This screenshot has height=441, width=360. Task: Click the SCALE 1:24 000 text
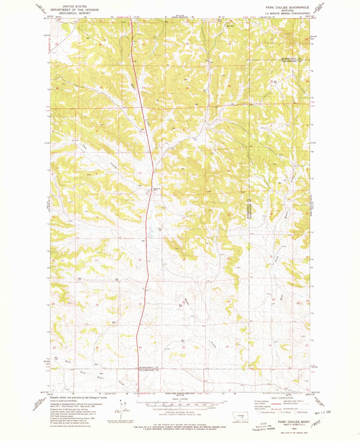coord(180,396)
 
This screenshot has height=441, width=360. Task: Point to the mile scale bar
coord(180,401)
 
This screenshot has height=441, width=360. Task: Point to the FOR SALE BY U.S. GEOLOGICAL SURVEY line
coord(180,426)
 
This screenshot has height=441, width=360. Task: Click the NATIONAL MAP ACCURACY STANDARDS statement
coord(180,423)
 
